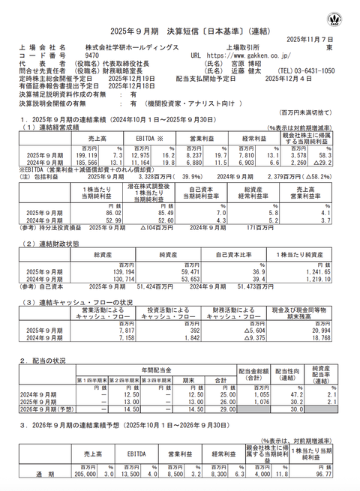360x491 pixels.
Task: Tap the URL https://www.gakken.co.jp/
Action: (247, 55)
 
